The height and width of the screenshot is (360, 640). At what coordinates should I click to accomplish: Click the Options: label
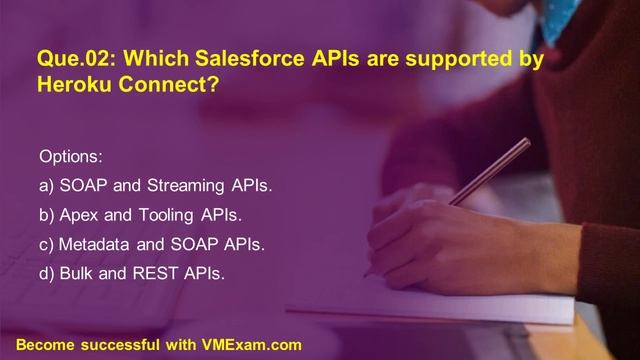point(70,157)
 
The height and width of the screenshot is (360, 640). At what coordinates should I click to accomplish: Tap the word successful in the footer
point(120,344)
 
